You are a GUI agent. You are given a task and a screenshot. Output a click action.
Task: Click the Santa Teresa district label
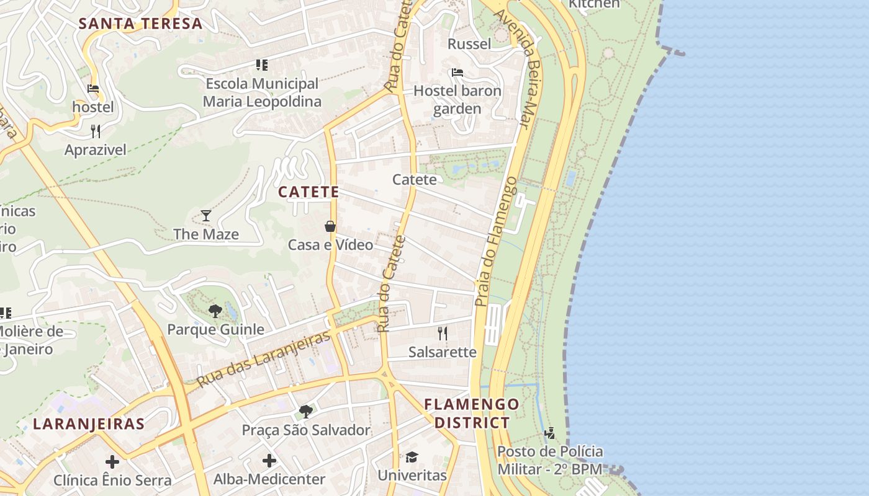[x=141, y=24]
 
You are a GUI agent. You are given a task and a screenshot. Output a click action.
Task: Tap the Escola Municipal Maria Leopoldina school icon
[x=262, y=64]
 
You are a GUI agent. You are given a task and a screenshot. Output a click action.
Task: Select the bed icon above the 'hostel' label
[x=93, y=89]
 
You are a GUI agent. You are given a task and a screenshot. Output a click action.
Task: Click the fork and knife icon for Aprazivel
[x=96, y=131]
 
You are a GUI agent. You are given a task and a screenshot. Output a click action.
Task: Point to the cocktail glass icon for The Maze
[x=206, y=216]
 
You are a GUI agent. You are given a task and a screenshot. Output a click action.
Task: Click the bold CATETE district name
[x=308, y=192]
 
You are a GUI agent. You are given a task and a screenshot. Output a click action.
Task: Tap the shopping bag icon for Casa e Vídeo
[x=330, y=226]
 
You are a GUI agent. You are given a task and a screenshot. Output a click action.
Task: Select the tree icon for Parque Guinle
[x=215, y=311]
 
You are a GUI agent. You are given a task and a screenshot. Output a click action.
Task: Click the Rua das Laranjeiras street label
[x=263, y=359]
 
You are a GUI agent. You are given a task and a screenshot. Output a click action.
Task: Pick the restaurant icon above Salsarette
[x=443, y=334]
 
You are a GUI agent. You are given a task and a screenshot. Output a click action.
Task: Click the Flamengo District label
[x=472, y=414]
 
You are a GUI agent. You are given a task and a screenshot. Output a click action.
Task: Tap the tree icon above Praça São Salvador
[x=305, y=411]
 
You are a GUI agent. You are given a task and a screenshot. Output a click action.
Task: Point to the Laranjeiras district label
[x=89, y=424]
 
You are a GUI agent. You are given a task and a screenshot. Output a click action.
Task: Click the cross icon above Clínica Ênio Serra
[x=112, y=462]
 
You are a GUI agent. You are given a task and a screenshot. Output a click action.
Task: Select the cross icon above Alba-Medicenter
[x=269, y=461]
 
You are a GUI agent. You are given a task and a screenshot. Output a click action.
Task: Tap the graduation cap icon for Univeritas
[x=412, y=457]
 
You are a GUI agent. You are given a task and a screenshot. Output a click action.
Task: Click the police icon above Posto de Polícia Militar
[x=549, y=433]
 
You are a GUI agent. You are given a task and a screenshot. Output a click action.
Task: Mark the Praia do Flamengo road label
[x=495, y=242]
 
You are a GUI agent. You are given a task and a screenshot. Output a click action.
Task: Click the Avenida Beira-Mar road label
[x=516, y=68]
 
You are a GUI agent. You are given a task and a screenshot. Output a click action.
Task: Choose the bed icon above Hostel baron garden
[x=457, y=73]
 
